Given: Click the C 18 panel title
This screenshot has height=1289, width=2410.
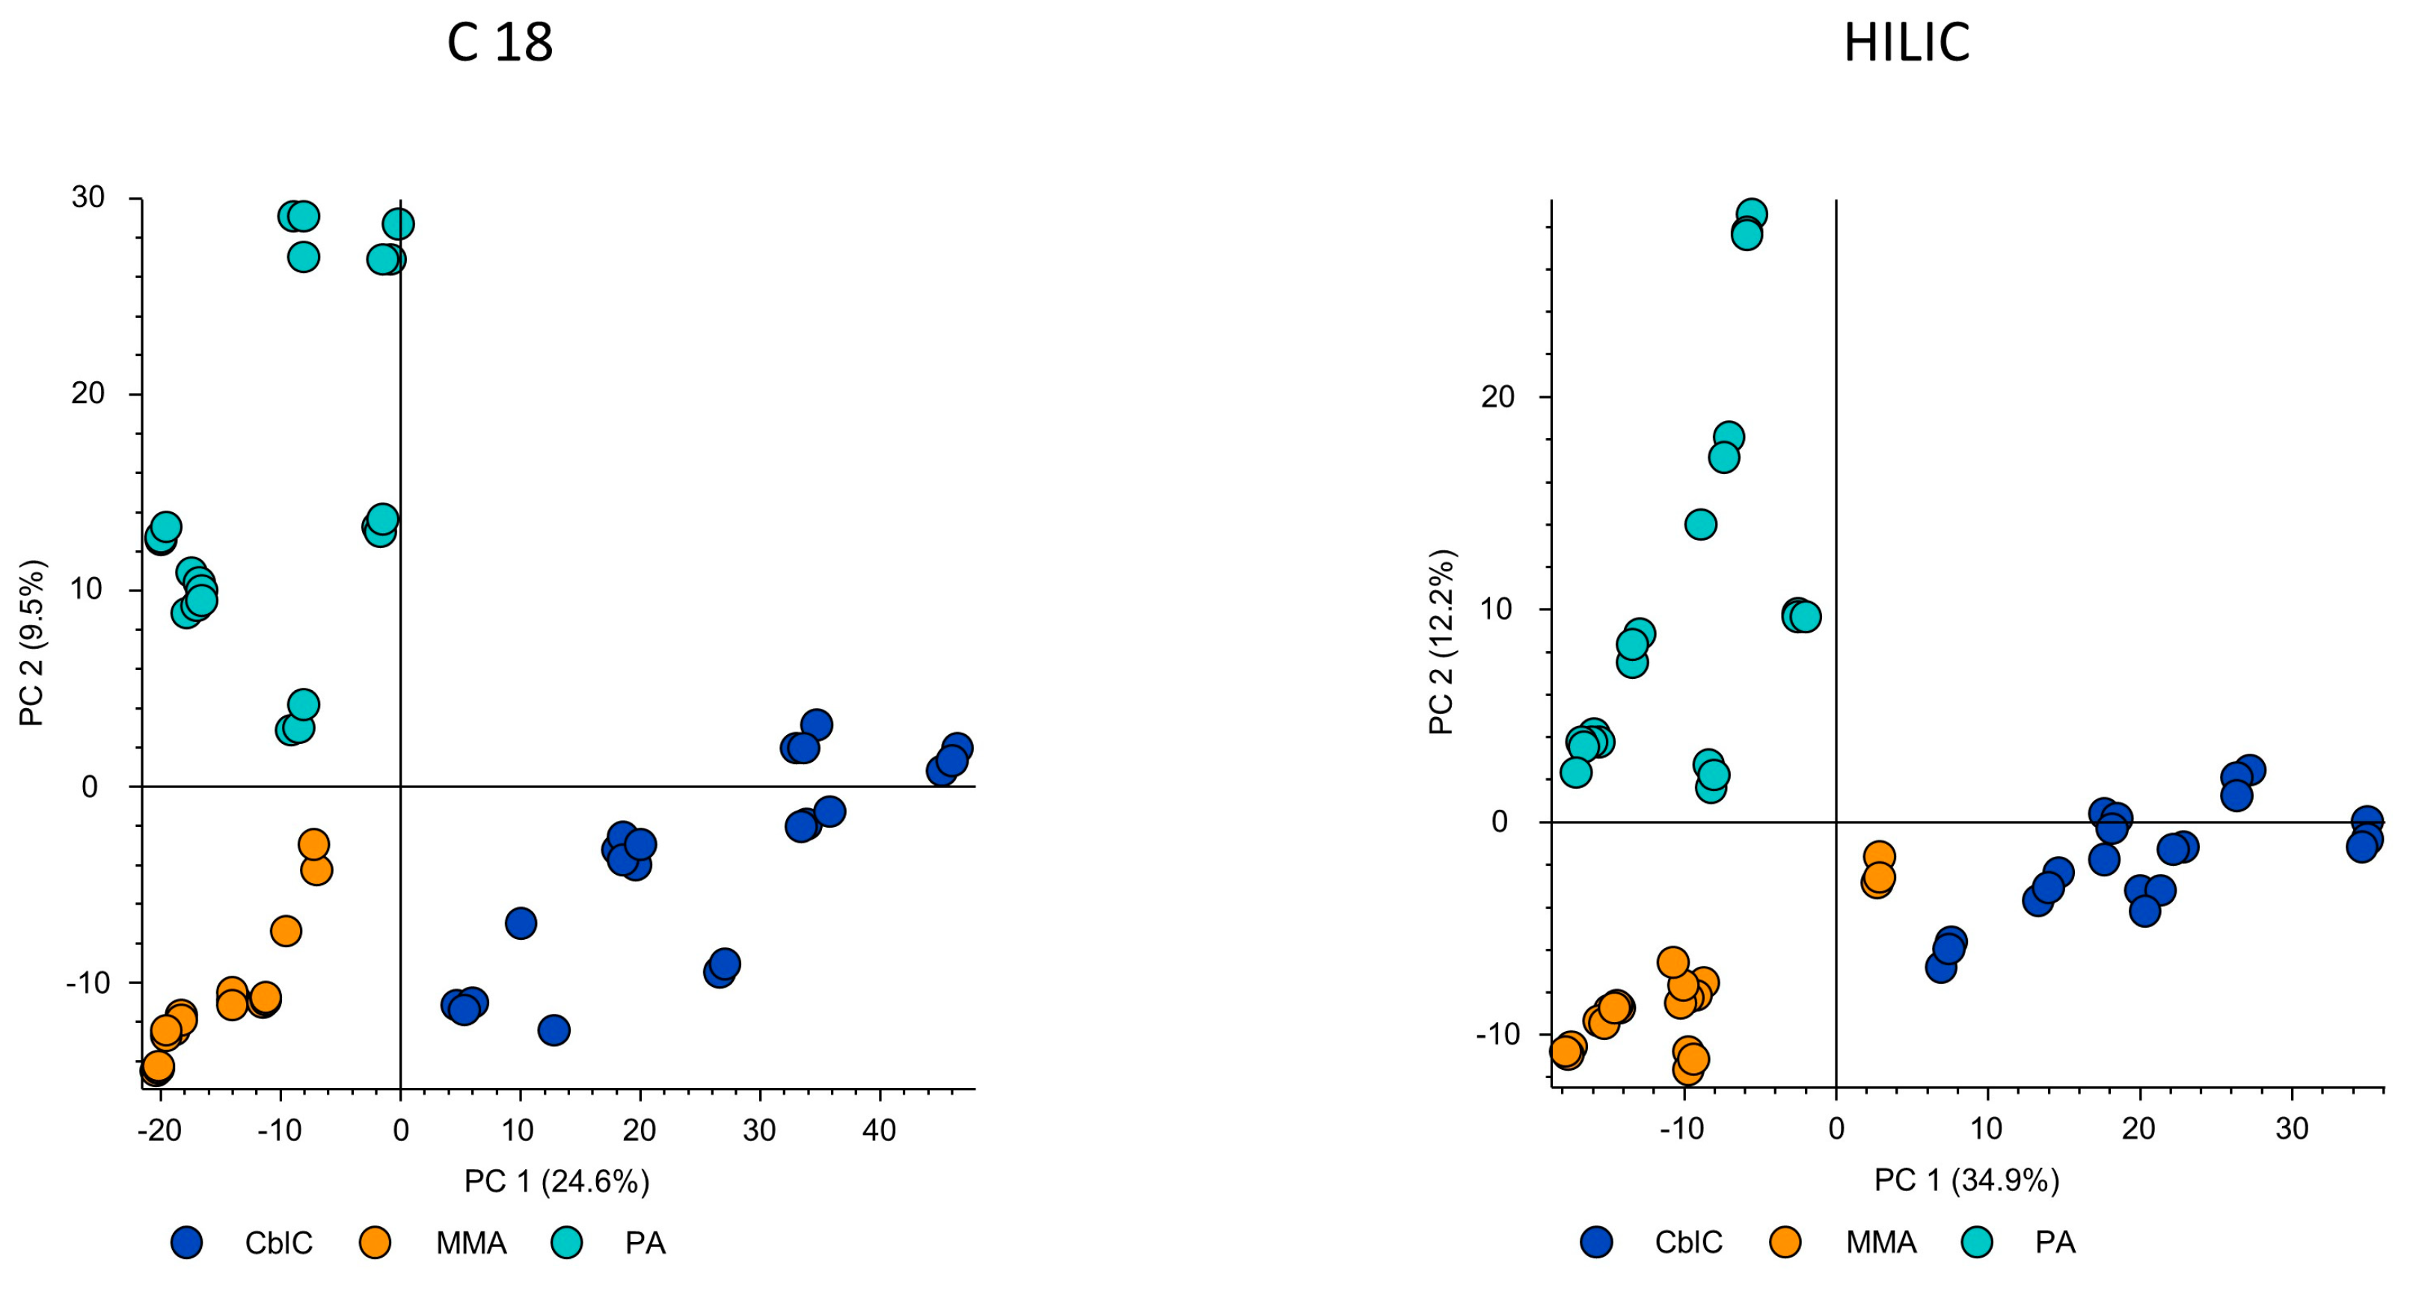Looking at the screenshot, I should click(500, 43).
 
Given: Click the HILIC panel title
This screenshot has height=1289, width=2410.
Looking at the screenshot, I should click(1906, 43).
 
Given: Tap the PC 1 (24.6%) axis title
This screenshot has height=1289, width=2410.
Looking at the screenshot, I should click(556, 1181).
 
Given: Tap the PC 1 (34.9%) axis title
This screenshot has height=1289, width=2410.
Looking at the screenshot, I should click(1966, 1181).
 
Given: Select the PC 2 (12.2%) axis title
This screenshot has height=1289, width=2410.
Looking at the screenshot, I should click(1441, 642).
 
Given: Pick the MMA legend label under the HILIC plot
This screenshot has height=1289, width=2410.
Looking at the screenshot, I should click(1880, 1242).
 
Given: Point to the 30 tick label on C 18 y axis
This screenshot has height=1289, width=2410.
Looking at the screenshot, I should click(88, 197).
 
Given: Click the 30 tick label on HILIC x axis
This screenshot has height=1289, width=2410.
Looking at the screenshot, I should click(2291, 1129).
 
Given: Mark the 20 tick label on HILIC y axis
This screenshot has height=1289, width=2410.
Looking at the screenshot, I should click(1497, 396).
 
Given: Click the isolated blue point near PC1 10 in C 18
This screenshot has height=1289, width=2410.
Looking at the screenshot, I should click(520, 923).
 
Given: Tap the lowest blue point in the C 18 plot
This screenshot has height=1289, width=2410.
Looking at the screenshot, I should click(554, 1030).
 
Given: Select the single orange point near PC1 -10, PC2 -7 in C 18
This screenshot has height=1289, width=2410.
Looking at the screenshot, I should click(286, 931).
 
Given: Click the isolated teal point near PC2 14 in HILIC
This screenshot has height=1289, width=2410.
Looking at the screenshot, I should click(1701, 524).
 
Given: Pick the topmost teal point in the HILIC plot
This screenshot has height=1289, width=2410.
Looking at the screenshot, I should click(1751, 214).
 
